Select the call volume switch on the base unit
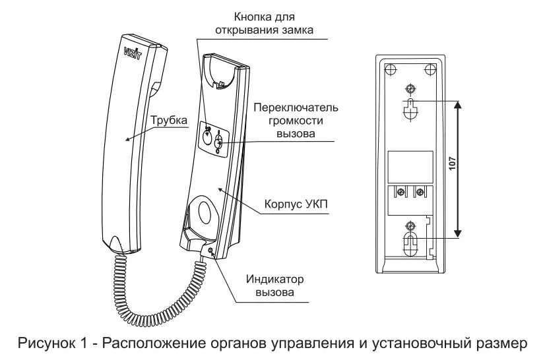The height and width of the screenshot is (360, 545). (219, 140)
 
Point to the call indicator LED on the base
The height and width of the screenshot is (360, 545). (210, 251)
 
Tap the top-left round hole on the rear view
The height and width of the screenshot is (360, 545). (390, 69)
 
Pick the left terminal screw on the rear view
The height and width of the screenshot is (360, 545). (401, 193)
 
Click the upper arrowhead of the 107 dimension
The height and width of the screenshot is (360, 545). (459, 104)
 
